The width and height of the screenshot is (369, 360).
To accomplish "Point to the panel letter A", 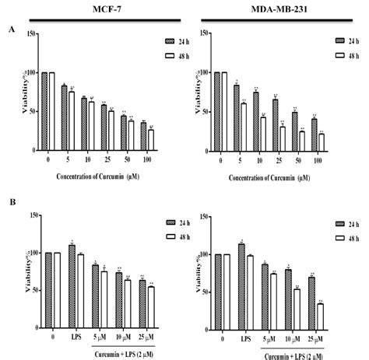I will (11, 30).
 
